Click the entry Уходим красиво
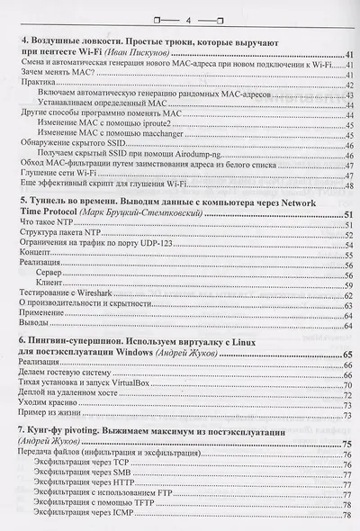point(50,405)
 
